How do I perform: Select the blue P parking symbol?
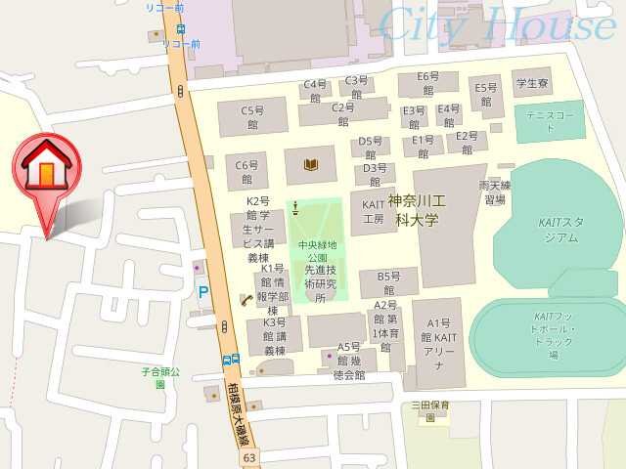tap(203, 291)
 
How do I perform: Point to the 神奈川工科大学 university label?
tap(417, 210)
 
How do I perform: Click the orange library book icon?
tap(311, 164)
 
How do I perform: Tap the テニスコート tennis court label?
tap(549, 115)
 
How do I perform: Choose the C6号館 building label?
tap(246, 172)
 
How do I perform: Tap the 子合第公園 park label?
tap(160, 377)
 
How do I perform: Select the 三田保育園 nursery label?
tap(429, 410)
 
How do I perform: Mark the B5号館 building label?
tap(388, 283)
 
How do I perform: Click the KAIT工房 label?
tap(373, 212)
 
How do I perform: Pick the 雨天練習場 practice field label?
tap(495, 192)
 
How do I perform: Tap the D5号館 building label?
tap(371, 147)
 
